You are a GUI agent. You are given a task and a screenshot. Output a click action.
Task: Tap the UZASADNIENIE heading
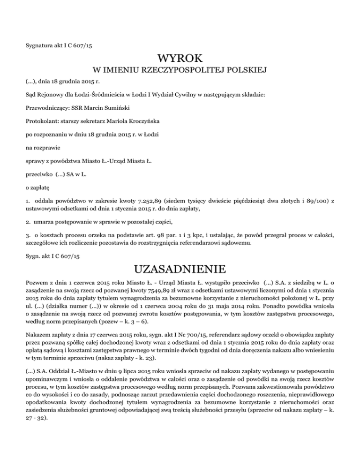point(180,271)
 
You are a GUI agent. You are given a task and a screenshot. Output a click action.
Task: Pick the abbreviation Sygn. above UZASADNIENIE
point(34,256)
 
